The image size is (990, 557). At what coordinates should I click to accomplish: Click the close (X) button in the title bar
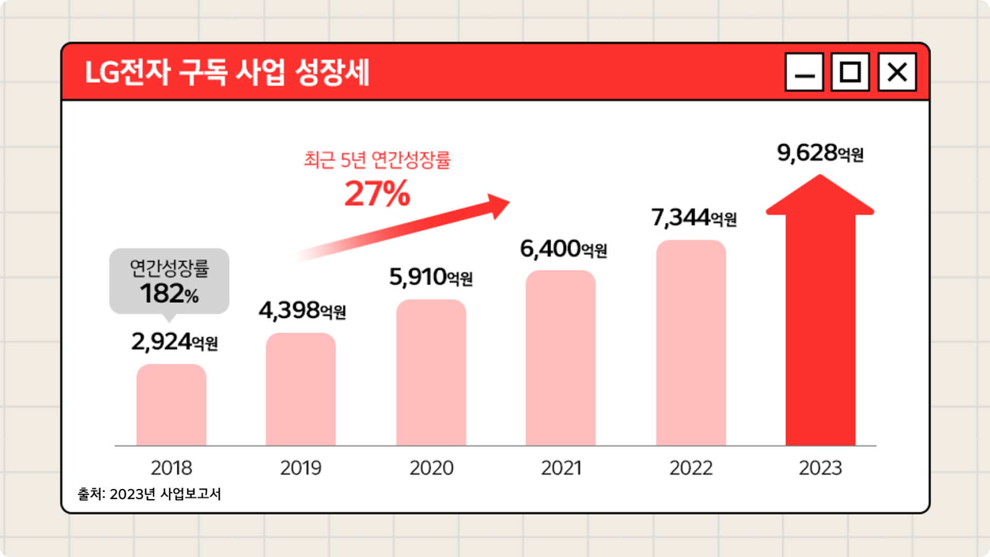897,72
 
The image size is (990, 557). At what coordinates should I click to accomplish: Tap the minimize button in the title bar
804,72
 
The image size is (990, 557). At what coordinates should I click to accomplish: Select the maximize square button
850,72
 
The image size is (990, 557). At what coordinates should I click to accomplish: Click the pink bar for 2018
171,405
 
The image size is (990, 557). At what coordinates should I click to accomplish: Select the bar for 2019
301,390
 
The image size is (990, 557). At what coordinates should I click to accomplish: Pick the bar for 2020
431,373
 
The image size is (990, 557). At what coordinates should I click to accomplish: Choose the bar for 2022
691,343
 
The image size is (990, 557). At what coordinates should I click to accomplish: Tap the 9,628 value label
820,153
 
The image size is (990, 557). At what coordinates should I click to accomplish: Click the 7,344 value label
694,218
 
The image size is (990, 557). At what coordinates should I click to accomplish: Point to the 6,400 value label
563,249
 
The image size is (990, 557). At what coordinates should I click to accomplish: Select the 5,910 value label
431,277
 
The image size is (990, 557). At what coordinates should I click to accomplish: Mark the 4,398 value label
302,310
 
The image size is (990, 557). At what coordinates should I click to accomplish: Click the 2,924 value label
174,342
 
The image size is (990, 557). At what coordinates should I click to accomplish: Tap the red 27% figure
377,194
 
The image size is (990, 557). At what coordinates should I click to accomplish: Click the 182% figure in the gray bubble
169,294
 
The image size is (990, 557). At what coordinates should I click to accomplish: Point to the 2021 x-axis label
561,468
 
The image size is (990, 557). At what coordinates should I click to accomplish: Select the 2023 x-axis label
820,468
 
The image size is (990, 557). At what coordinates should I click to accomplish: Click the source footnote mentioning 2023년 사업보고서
150,494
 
